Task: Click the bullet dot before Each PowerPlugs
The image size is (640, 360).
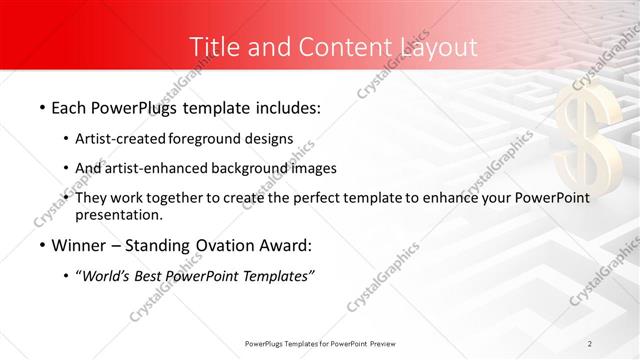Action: point(41,107)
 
